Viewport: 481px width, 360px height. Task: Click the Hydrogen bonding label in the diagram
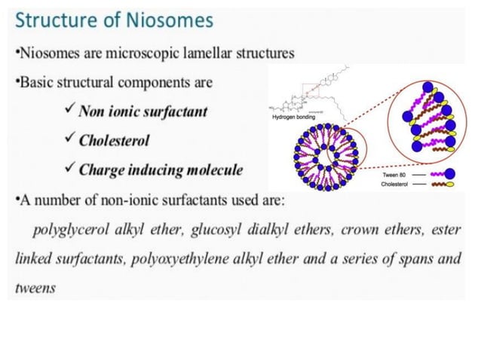click(x=293, y=118)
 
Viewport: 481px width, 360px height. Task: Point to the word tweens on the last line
click(x=35, y=288)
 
